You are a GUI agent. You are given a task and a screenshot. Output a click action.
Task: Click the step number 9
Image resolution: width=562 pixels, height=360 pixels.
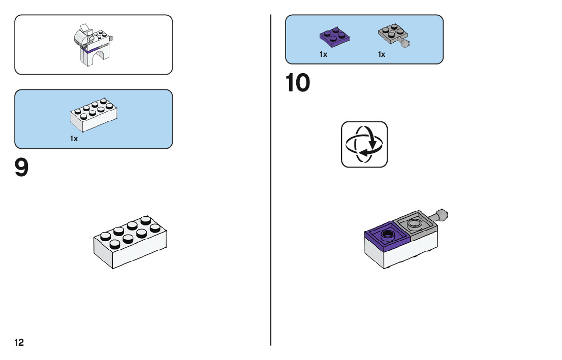[22, 169]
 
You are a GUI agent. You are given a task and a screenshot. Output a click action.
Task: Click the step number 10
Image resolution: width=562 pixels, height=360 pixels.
[298, 84]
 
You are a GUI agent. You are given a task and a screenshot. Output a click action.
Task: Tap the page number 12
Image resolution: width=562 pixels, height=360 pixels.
[19, 343]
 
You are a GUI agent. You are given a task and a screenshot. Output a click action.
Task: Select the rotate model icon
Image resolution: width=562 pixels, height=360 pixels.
[364, 144]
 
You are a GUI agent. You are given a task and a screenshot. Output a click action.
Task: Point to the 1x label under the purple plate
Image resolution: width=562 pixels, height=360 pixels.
[324, 54]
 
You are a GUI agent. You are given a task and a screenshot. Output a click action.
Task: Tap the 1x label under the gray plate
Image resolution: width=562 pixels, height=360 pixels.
[382, 54]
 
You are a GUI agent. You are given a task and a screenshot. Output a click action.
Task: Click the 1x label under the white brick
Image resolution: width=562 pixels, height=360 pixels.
[74, 139]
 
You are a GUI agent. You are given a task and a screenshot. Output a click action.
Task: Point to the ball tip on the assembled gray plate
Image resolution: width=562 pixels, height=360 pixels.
[444, 214]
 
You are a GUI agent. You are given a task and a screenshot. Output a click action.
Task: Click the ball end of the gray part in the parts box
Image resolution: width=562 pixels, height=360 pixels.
[405, 44]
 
